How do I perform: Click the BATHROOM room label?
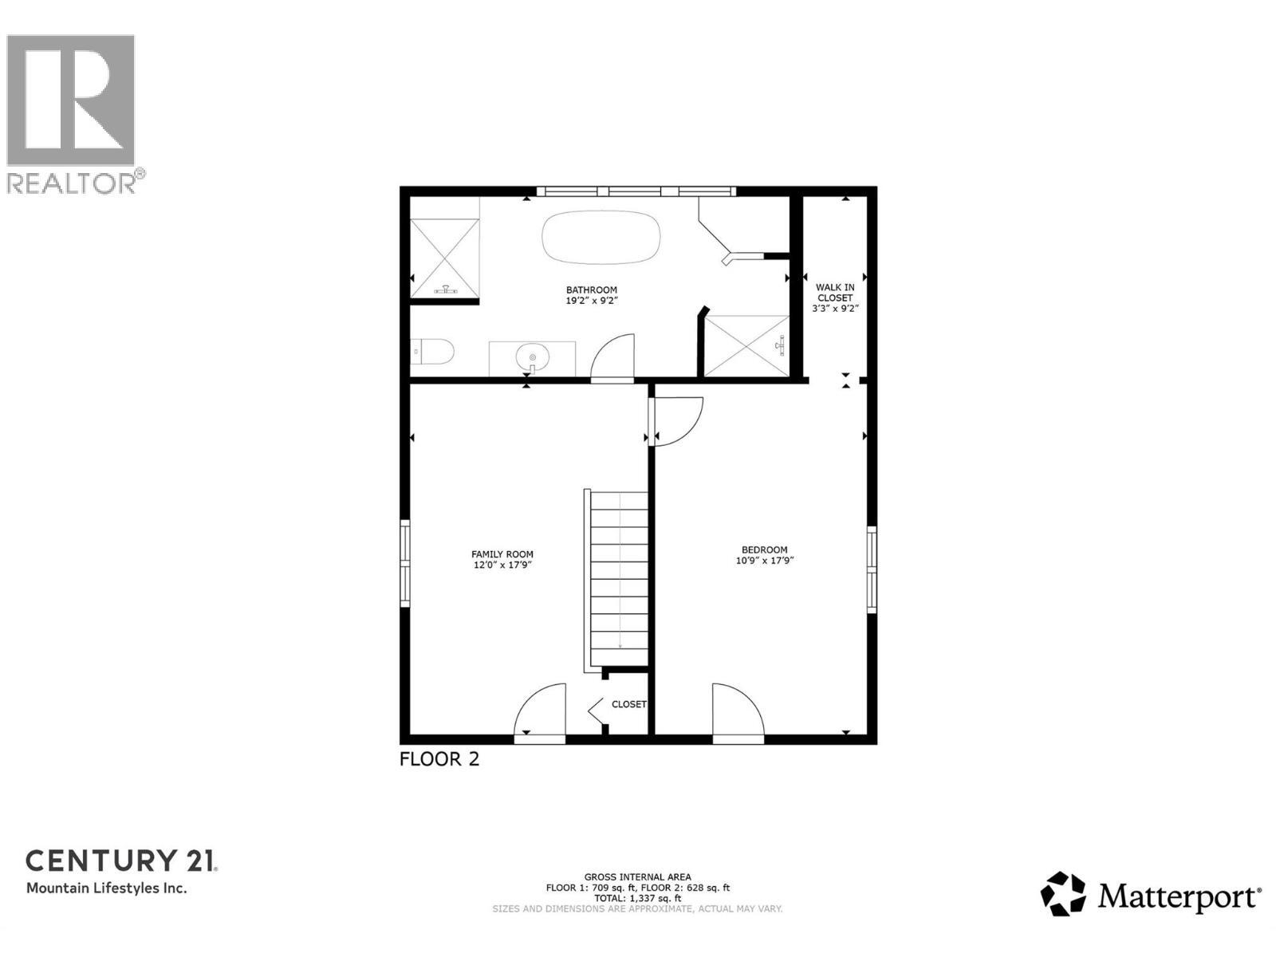click(x=592, y=290)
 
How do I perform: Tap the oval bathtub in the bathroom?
click(x=601, y=235)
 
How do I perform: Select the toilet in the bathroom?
click(x=432, y=352)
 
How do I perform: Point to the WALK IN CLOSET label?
click(x=835, y=292)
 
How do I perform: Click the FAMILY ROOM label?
click(x=502, y=554)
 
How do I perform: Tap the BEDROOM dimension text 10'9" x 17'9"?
click(x=765, y=561)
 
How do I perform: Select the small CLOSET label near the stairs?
click(x=628, y=704)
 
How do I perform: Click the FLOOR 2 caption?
click(x=439, y=759)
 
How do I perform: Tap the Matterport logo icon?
click(x=1063, y=894)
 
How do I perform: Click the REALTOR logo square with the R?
click(x=70, y=100)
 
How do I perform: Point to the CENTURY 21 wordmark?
click(x=121, y=861)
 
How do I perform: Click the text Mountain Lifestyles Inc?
click(x=107, y=888)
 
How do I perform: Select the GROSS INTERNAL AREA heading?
click(x=637, y=876)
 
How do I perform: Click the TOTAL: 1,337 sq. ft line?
click(x=637, y=898)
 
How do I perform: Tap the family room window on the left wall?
click(x=405, y=563)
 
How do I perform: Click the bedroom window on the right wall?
click(x=871, y=569)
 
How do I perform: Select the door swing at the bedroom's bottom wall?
click(x=738, y=712)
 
